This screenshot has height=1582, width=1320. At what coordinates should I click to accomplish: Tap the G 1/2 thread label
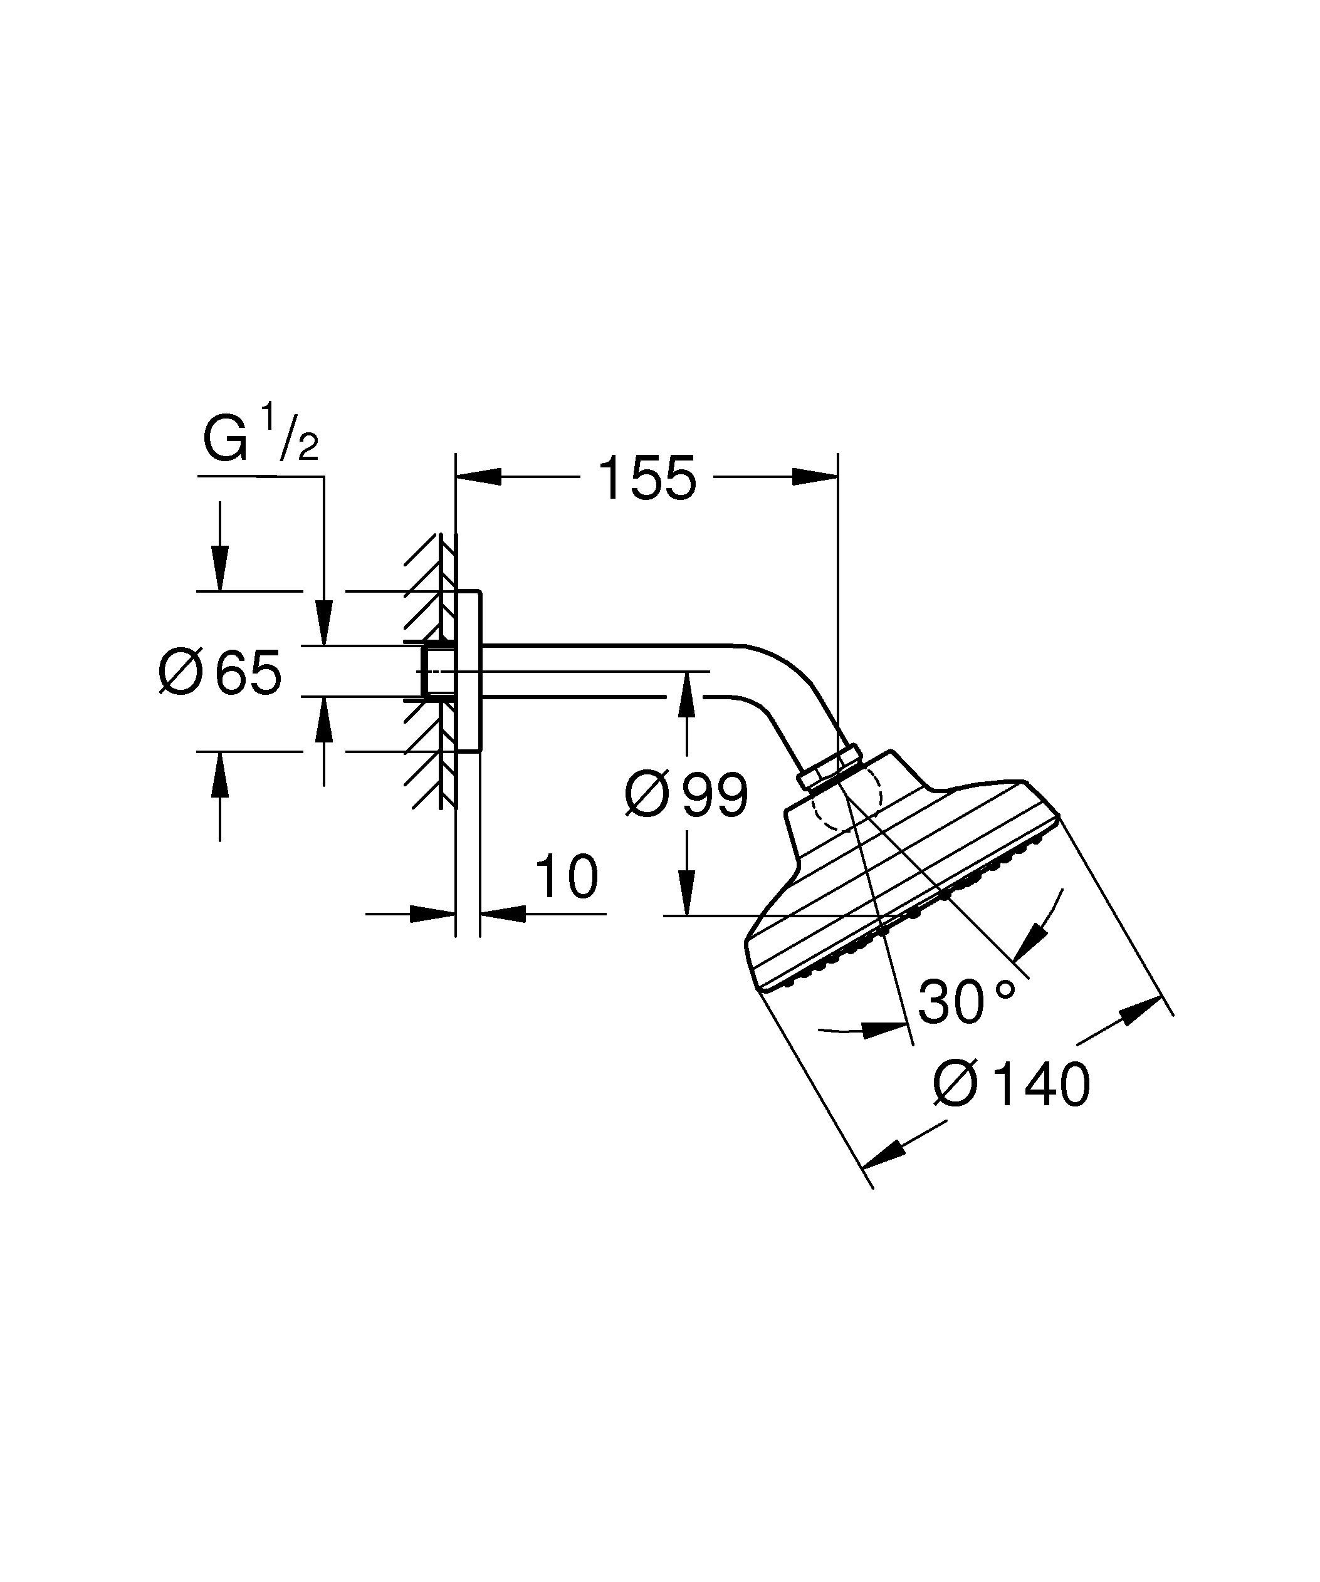261,435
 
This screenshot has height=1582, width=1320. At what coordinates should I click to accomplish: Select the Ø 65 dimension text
220,672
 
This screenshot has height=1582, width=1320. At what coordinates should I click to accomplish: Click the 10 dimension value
566,877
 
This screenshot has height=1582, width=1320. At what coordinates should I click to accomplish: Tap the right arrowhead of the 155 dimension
815,477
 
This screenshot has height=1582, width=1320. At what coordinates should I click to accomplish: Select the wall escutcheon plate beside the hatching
469,671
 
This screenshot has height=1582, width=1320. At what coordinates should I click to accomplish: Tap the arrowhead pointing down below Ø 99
686,893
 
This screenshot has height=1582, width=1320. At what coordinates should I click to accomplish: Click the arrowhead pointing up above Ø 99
686,695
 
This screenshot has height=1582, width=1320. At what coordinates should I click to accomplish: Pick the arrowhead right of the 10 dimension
503,913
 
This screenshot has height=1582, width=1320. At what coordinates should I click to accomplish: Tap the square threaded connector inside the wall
437,671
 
